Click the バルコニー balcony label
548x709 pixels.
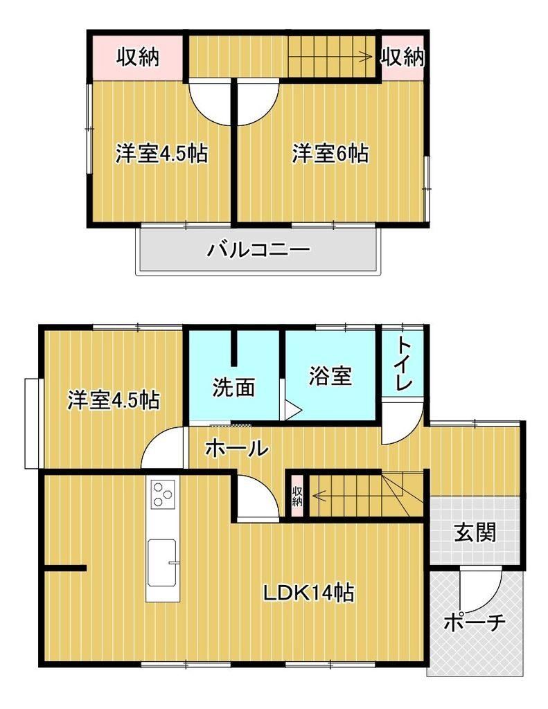(x=258, y=249)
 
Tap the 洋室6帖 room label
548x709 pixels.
(x=330, y=153)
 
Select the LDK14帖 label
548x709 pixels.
(x=308, y=593)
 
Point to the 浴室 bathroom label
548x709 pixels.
(x=330, y=376)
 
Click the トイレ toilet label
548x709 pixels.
(x=404, y=364)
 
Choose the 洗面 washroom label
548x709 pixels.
(x=233, y=388)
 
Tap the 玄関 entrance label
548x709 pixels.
(x=475, y=532)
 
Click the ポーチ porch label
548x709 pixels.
(x=475, y=622)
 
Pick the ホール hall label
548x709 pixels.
(x=237, y=449)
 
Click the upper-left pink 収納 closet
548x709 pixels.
(x=138, y=57)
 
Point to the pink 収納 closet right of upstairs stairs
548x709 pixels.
(x=402, y=57)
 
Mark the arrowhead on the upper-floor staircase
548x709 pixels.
(x=368, y=57)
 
